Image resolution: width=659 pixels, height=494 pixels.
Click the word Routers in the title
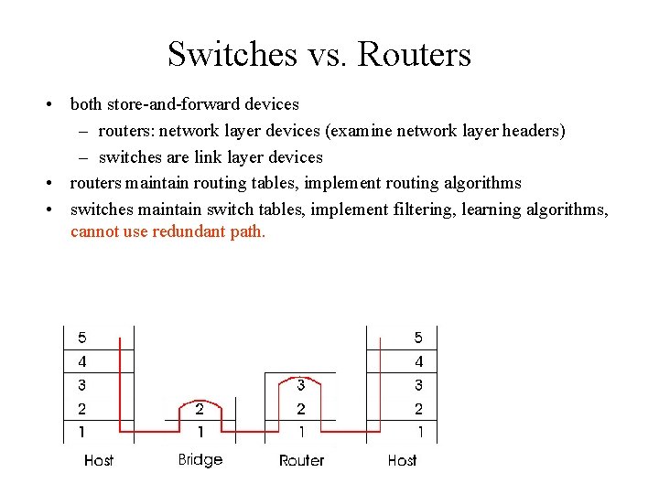415,55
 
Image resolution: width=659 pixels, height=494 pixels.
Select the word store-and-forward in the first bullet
176,104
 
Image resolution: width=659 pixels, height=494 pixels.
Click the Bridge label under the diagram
200,459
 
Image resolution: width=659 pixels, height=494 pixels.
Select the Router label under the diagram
301,460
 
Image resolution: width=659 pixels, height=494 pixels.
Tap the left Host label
99,460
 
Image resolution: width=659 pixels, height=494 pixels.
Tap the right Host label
402,460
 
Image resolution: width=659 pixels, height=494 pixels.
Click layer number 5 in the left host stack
82,338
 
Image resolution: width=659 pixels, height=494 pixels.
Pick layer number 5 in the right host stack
419,338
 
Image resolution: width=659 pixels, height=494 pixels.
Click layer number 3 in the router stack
300,385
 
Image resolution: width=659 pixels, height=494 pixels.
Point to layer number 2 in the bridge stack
200,409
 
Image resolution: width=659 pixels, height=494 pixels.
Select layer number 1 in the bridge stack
200,432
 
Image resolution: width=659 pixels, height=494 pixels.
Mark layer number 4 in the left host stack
82,362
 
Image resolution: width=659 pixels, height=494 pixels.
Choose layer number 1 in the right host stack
419,432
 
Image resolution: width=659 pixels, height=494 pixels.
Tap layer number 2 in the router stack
300,409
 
